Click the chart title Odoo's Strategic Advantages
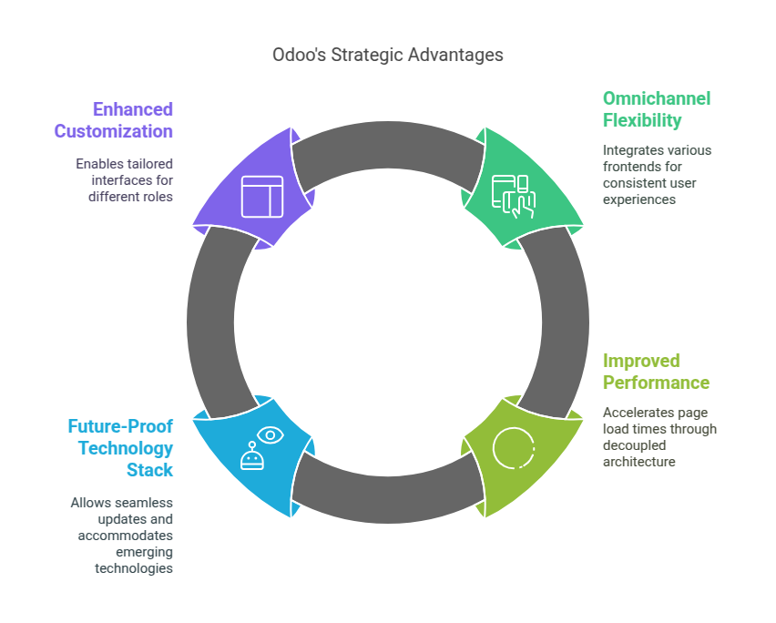click(387, 55)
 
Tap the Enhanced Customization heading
click(113, 120)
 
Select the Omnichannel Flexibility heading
click(656, 109)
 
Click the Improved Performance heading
click(656, 372)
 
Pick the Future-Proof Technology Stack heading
click(120, 448)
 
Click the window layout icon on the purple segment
click(262, 196)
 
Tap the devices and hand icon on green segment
click(513, 195)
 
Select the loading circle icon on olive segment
click(513, 448)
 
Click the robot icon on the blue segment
click(251, 457)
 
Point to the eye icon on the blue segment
click(271, 434)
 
